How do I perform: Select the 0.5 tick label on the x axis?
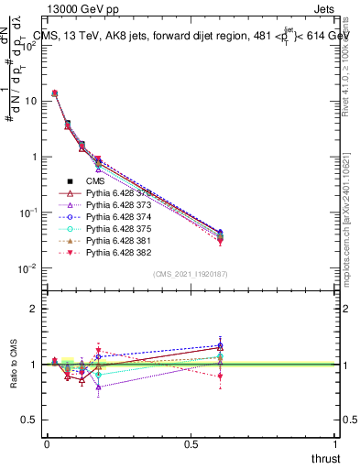[191, 443]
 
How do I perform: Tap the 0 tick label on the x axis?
[47, 443]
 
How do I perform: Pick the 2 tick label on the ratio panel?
[32, 309]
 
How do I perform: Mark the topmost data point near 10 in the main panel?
[54, 93]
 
